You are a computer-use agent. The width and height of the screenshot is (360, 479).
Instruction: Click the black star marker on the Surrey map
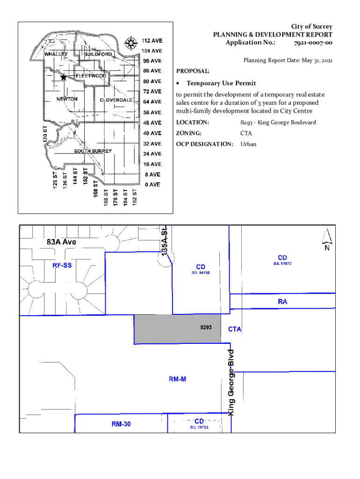point(63,77)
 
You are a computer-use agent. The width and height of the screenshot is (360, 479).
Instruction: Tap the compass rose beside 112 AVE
point(131,43)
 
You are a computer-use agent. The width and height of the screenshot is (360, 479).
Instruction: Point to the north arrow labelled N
point(327,239)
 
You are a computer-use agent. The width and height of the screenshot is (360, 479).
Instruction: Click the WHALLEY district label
point(56,54)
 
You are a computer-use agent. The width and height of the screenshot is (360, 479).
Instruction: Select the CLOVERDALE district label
point(116,100)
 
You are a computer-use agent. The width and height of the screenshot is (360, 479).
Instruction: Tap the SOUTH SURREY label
point(93,151)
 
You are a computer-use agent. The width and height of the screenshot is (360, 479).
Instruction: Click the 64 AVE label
point(152,102)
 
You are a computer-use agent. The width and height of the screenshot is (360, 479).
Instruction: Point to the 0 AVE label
point(153,184)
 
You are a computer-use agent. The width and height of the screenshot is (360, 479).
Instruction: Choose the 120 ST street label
point(45,134)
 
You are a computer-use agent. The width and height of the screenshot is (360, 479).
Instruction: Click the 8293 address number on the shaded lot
point(206,327)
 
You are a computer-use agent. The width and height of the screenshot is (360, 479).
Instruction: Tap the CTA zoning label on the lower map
point(235,329)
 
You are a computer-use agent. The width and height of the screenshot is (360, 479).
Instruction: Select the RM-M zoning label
point(177,379)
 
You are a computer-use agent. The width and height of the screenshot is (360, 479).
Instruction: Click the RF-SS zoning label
point(62,265)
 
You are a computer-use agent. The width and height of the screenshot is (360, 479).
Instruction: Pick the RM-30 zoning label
point(121,424)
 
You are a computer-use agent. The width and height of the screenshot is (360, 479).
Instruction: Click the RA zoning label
point(282,302)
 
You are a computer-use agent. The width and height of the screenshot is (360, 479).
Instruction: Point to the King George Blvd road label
point(231,383)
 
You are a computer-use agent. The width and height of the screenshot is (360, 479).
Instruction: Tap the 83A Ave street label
point(61,242)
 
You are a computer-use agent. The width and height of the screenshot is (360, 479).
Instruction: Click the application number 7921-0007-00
point(313,43)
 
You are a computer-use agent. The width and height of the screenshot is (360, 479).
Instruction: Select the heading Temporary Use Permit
point(221,83)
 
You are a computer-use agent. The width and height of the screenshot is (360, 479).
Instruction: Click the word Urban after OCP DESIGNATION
point(248,144)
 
